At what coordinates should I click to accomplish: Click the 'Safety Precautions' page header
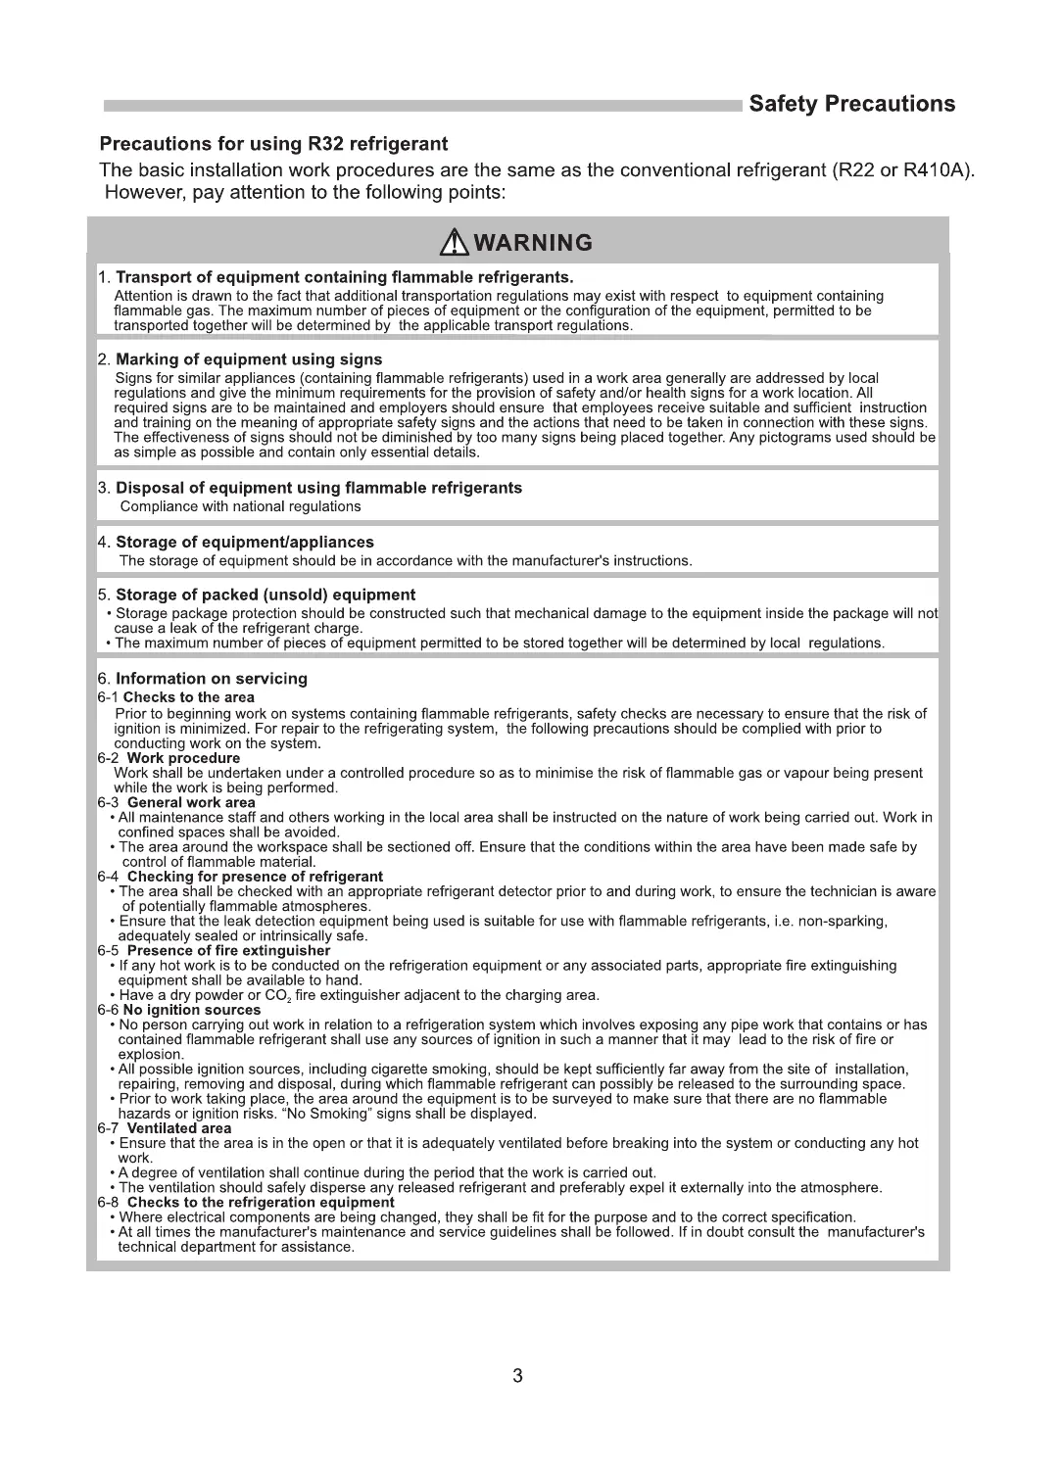coord(851,104)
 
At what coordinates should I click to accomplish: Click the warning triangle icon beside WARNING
coord(455,241)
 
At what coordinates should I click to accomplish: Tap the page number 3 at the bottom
coord(517,1376)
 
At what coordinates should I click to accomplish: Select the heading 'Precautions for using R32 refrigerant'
coord(274,144)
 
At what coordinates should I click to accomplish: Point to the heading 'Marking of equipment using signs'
coord(249,359)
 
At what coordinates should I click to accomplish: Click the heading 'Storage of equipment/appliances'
coord(245,542)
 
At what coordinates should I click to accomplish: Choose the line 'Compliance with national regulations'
coord(240,506)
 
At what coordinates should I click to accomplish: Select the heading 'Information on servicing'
coord(212,678)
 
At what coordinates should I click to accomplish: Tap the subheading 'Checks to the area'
coord(189,697)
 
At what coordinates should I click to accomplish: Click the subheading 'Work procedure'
coord(183,758)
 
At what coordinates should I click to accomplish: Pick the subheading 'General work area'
coord(191,802)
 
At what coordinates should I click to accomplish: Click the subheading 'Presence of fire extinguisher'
coord(228,950)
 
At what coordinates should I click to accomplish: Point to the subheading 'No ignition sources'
coord(192,1010)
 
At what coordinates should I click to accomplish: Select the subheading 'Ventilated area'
coord(179,1128)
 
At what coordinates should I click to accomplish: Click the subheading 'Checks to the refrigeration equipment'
coord(261,1202)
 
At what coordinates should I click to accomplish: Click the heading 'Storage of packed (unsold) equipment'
coord(265,595)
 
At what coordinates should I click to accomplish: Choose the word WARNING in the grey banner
coord(533,242)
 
